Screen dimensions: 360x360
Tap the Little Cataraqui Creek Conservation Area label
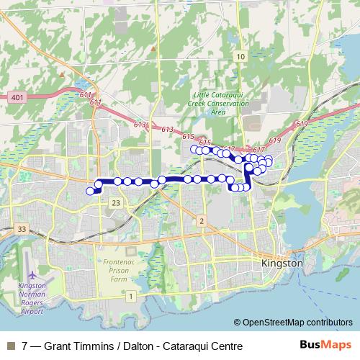tap(220, 103)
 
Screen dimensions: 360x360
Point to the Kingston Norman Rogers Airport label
tap(31, 299)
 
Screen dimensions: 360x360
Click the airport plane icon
tap(31, 276)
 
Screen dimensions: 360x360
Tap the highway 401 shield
tap(18, 96)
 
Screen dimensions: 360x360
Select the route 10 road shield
tap(240, 56)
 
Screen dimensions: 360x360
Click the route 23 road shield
tap(116, 204)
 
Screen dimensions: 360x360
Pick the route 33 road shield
tap(22, 229)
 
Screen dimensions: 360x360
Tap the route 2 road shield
tap(202, 220)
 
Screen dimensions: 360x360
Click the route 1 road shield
tap(130, 296)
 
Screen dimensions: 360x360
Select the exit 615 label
tap(189, 136)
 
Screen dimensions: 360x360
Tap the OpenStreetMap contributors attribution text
tap(296, 322)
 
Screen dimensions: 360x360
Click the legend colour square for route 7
tap(10, 346)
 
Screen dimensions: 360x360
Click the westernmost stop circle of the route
tap(90, 191)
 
